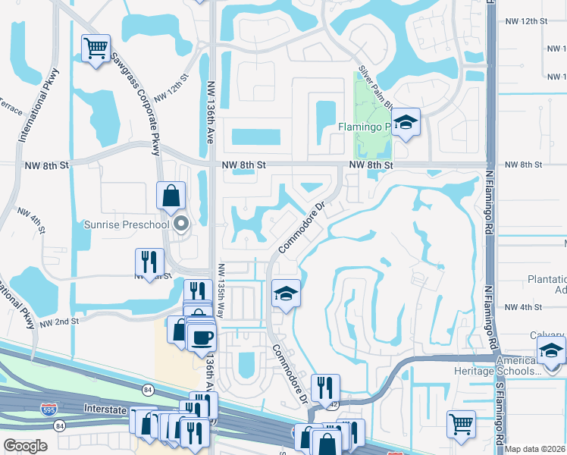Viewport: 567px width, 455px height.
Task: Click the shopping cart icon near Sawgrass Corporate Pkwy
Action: click(96, 49)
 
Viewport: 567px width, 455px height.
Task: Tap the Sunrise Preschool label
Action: click(126, 224)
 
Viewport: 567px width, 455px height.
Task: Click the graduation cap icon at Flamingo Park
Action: click(406, 124)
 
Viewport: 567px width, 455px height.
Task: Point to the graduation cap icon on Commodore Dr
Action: click(285, 293)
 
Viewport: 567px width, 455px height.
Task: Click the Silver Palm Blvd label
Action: click(374, 83)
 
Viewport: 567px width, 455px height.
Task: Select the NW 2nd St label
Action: click(60, 322)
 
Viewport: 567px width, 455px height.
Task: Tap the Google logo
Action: click(24, 446)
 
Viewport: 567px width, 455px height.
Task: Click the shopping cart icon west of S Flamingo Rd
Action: click(460, 425)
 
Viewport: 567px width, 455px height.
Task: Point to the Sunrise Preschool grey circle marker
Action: click(180, 224)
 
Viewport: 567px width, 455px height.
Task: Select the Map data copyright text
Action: click(535, 449)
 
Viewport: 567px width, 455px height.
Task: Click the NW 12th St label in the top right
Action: click(525, 20)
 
